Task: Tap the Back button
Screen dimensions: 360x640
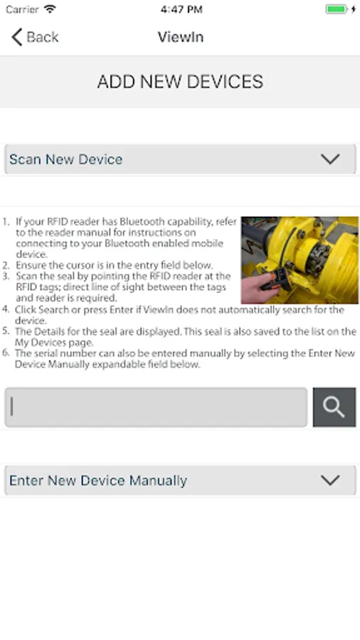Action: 35,37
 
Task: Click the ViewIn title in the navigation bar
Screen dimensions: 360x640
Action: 181,37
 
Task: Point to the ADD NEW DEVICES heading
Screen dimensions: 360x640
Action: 180,82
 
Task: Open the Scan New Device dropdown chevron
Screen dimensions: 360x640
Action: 330,159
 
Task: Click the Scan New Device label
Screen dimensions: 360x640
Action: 65,159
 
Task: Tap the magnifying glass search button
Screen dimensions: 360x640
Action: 334,407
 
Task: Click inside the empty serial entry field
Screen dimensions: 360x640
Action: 156,407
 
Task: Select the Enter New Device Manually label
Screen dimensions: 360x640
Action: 98,481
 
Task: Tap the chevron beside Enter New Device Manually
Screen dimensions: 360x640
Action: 330,480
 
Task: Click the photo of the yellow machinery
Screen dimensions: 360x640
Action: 300,260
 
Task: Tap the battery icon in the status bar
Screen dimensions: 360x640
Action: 336,9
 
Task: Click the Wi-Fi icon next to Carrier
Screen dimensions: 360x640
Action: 50,9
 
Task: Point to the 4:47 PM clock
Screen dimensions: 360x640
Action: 181,9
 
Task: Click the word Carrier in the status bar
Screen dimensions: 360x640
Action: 22,9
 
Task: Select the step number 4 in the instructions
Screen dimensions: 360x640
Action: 5,309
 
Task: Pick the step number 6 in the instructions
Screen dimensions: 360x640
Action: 5,353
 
